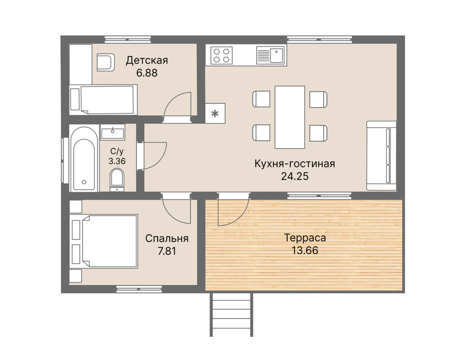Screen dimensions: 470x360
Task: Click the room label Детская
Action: pos(147,60)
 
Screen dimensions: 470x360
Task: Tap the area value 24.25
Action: pos(295,176)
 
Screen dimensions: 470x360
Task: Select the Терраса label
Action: pos(305,238)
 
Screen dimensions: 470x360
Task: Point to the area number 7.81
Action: pos(167,251)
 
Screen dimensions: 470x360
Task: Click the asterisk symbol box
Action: pos(215,113)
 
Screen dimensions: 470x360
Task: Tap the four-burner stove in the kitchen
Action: pos(221,56)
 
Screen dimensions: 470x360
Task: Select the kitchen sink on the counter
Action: pos(270,56)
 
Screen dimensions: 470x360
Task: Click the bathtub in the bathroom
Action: pos(84,159)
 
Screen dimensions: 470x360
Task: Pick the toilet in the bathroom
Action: pos(117,180)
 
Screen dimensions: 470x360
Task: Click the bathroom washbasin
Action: pos(113,132)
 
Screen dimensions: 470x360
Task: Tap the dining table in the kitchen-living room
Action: pos(290,117)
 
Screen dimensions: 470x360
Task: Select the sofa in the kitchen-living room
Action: pos(381,156)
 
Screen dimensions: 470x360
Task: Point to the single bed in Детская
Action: pos(103,100)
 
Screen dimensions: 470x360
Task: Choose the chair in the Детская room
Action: pos(106,62)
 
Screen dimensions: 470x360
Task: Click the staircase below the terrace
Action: pos(231,315)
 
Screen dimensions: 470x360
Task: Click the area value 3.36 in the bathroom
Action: pos(117,161)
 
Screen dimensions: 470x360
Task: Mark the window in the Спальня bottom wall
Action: pos(139,289)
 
